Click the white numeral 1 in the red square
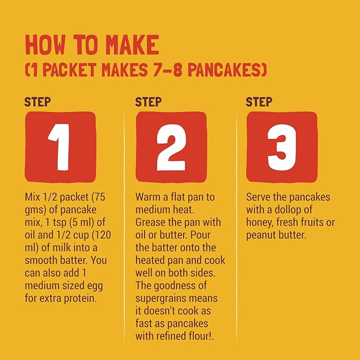click(60, 147)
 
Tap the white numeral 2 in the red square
click(171, 147)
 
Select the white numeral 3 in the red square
click(282, 147)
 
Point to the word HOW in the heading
click(45, 45)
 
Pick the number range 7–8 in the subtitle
click(168, 70)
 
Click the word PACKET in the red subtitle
click(69, 70)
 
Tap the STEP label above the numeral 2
click(148, 102)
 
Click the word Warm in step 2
click(148, 197)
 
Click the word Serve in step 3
click(259, 197)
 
